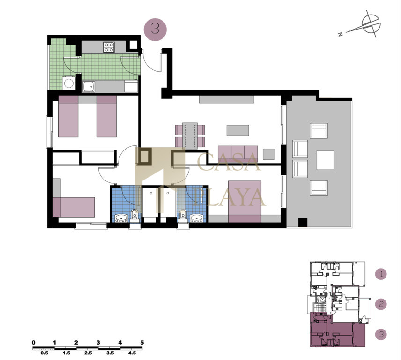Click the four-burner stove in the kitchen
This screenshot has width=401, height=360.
[109, 47]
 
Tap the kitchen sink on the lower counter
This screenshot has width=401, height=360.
[89, 87]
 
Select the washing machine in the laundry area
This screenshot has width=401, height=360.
[69, 83]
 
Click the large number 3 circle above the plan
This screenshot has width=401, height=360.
[155, 30]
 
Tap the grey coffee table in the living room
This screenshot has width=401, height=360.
[238, 130]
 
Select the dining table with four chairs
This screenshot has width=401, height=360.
[190, 135]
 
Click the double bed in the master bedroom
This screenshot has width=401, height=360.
[245, 202]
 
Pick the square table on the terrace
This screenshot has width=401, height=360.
[325, 160]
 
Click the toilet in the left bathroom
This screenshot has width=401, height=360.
[134, 216]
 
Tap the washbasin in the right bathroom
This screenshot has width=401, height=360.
[196, 218]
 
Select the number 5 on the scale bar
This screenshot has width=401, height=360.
[142, 342]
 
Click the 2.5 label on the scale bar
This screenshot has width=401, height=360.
[88, 353]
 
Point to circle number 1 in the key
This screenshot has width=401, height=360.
[381, 274]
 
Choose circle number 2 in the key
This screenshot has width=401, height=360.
[381, 304]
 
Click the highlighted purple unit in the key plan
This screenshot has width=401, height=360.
[338, 333]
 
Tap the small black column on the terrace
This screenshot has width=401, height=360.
[303, 222]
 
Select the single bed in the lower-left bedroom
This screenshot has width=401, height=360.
[74, 207]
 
